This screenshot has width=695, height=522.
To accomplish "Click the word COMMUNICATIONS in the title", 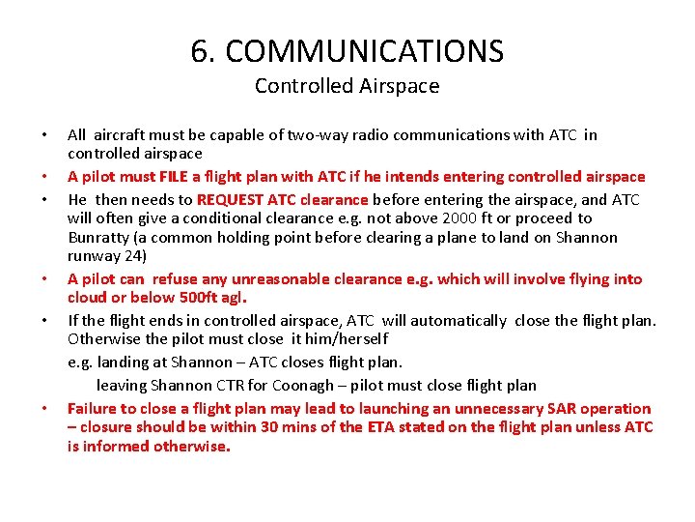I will (x=364, y=50).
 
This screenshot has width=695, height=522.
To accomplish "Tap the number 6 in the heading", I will (x=200, y=50).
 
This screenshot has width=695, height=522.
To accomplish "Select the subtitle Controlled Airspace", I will (x=347, y=86).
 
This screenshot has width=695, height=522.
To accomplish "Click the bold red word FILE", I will (x=174, y=177).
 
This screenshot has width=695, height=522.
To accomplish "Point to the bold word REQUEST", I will (x=232, y=200).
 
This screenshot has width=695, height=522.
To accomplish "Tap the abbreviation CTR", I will (x=239, y=385).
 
